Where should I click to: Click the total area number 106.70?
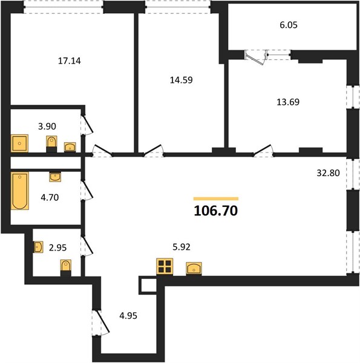(216, 211)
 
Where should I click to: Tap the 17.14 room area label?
(69, 61)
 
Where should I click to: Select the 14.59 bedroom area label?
(182, 80)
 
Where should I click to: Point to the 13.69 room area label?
(288, 102)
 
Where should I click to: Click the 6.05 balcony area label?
(289, 25)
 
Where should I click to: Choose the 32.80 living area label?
(328, 173)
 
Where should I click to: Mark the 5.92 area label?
(182, 247)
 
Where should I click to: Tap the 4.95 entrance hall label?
(128, 316)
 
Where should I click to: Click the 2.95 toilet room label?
(57, 247)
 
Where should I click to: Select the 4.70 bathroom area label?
(50, 197)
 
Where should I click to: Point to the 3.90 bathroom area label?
(47, 126)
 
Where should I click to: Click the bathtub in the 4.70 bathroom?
(20, 191)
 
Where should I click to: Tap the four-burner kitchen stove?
(165, 266)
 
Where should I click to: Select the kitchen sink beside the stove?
(194, 269)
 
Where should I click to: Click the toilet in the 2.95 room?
(66, 268)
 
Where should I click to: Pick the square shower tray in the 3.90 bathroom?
(19, 143)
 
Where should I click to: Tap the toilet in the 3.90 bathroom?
(51, 144)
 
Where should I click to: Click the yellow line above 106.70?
(216, 198)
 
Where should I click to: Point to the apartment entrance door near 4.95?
(102, 322)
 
